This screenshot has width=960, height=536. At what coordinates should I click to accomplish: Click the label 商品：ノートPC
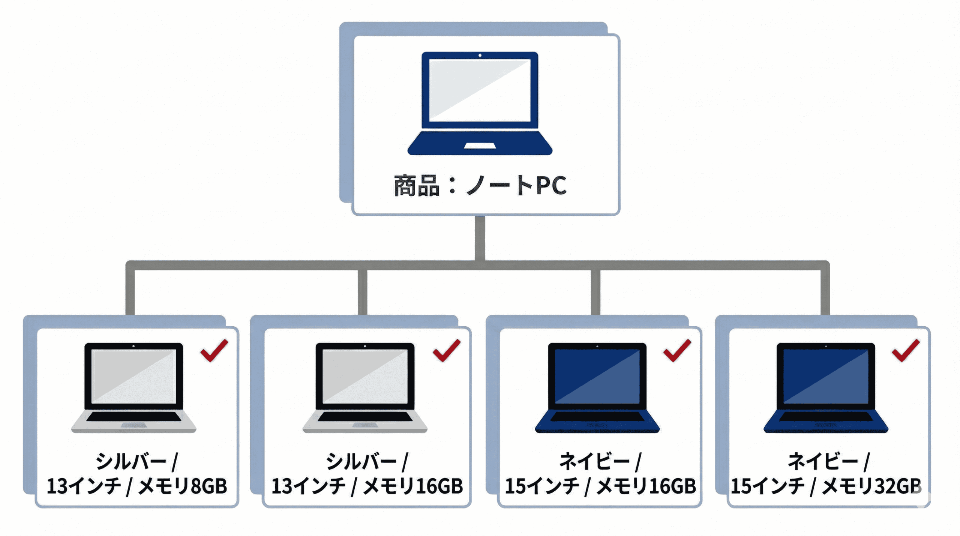coord(480,185)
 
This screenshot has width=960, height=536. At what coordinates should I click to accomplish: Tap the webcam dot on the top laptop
coord(480,56)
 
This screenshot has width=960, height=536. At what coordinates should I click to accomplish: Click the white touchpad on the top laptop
coord(480,146)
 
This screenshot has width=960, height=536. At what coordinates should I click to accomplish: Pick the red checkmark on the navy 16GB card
coord(677,351)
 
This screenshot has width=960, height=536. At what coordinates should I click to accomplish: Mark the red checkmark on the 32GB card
coord(906,351)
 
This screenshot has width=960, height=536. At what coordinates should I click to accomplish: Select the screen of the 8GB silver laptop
coord(134,376)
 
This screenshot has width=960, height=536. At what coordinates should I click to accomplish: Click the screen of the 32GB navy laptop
coord(826,376)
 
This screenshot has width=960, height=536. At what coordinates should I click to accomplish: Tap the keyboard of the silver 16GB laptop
coord(365,417)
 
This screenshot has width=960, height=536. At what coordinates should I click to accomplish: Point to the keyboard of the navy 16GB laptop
coord(597,417)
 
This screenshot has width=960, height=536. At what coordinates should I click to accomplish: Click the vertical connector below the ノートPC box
coord(480,238)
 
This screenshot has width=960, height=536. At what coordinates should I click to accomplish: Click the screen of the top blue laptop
coord(480,90)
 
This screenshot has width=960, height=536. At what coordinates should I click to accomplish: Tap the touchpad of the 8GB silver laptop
coord(134,425)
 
